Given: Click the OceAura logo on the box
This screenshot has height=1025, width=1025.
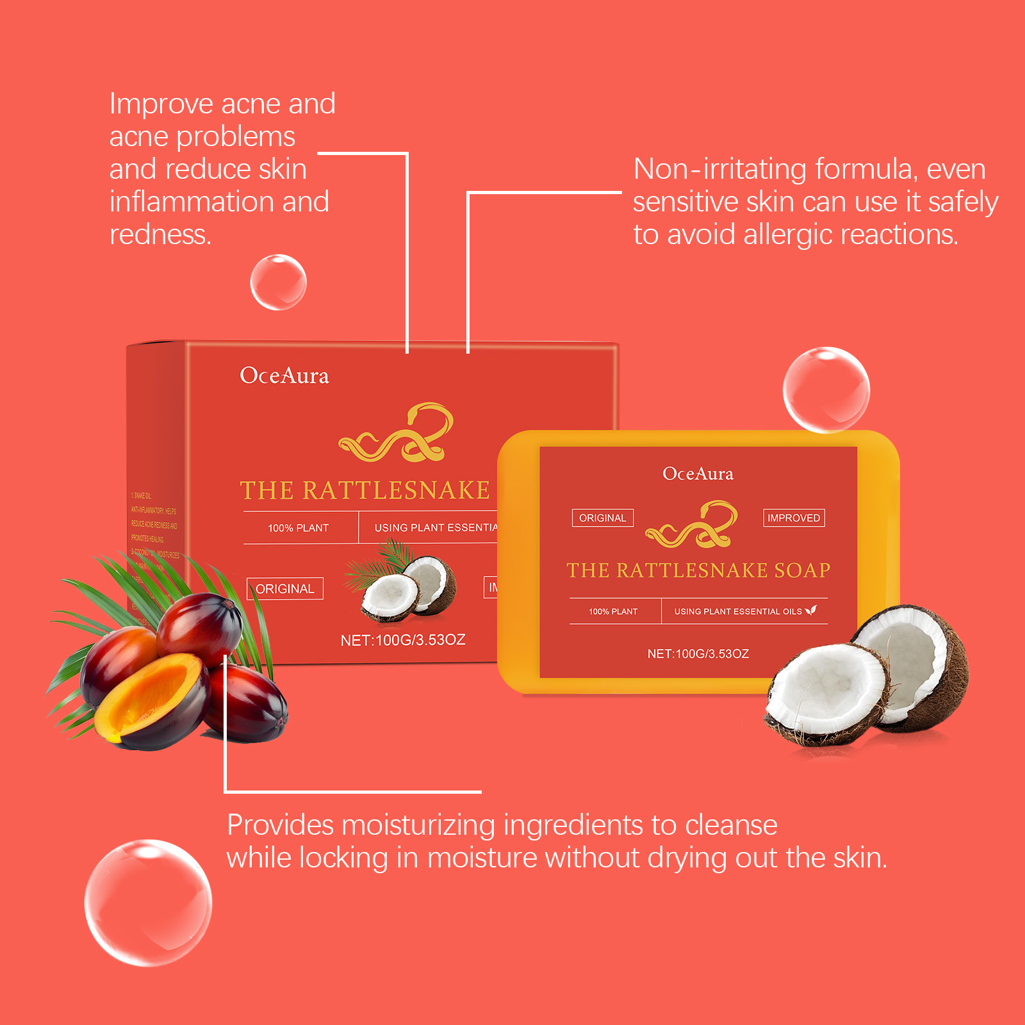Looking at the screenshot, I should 284,375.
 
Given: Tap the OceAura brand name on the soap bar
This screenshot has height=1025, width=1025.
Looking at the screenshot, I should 698,474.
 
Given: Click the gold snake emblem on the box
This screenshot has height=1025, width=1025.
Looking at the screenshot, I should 397,433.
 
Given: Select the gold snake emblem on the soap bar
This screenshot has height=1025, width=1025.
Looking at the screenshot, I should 692,524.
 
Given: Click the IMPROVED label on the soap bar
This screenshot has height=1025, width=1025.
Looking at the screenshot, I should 794,518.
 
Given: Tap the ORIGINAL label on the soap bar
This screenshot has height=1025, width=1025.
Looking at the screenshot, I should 602,518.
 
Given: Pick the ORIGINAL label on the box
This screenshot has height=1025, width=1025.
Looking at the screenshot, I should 285,589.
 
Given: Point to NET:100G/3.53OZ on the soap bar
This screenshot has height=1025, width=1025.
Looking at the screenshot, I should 698,654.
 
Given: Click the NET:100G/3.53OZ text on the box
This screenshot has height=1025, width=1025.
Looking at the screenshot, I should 403,640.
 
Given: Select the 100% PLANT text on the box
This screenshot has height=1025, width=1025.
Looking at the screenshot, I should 298,528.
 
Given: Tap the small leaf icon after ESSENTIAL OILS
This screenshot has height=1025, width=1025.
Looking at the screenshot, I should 811,611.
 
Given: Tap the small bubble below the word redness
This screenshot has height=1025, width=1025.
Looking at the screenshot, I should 278,283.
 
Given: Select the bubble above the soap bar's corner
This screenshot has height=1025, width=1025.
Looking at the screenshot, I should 826,389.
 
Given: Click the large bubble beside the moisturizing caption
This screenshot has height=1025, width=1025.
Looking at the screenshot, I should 148,903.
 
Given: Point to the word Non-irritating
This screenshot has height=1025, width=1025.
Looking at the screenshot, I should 720,169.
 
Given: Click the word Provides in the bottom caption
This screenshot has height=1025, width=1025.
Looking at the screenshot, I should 280,825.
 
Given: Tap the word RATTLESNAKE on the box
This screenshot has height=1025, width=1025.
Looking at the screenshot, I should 396,491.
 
